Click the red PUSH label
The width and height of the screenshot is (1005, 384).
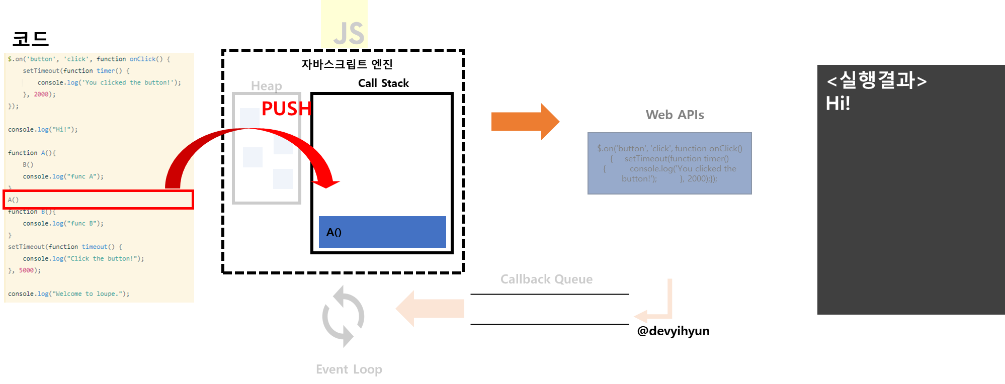pos(286,109)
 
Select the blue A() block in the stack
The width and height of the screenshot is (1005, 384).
pos(382,232)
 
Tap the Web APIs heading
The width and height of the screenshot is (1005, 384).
pos(675,115)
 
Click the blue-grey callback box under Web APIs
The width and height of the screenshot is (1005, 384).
pos(669,163)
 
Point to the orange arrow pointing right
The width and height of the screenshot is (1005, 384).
pos(525,122)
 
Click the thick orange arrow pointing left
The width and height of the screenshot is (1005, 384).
pos(430,309)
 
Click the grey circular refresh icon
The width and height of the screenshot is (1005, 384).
pos(343,316)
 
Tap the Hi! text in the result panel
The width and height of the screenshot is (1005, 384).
pos(838,104)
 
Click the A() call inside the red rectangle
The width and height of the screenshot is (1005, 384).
pos(14,200)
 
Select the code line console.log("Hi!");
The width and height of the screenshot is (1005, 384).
pos(43,130)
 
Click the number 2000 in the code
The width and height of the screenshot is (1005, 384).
pos(41,94)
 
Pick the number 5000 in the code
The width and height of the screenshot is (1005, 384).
pos(26,270)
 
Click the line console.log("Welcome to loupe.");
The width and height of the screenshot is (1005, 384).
pos(68,294)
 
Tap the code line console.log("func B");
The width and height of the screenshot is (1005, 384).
pos(63,224)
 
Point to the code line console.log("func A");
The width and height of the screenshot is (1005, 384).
pos(63,176)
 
